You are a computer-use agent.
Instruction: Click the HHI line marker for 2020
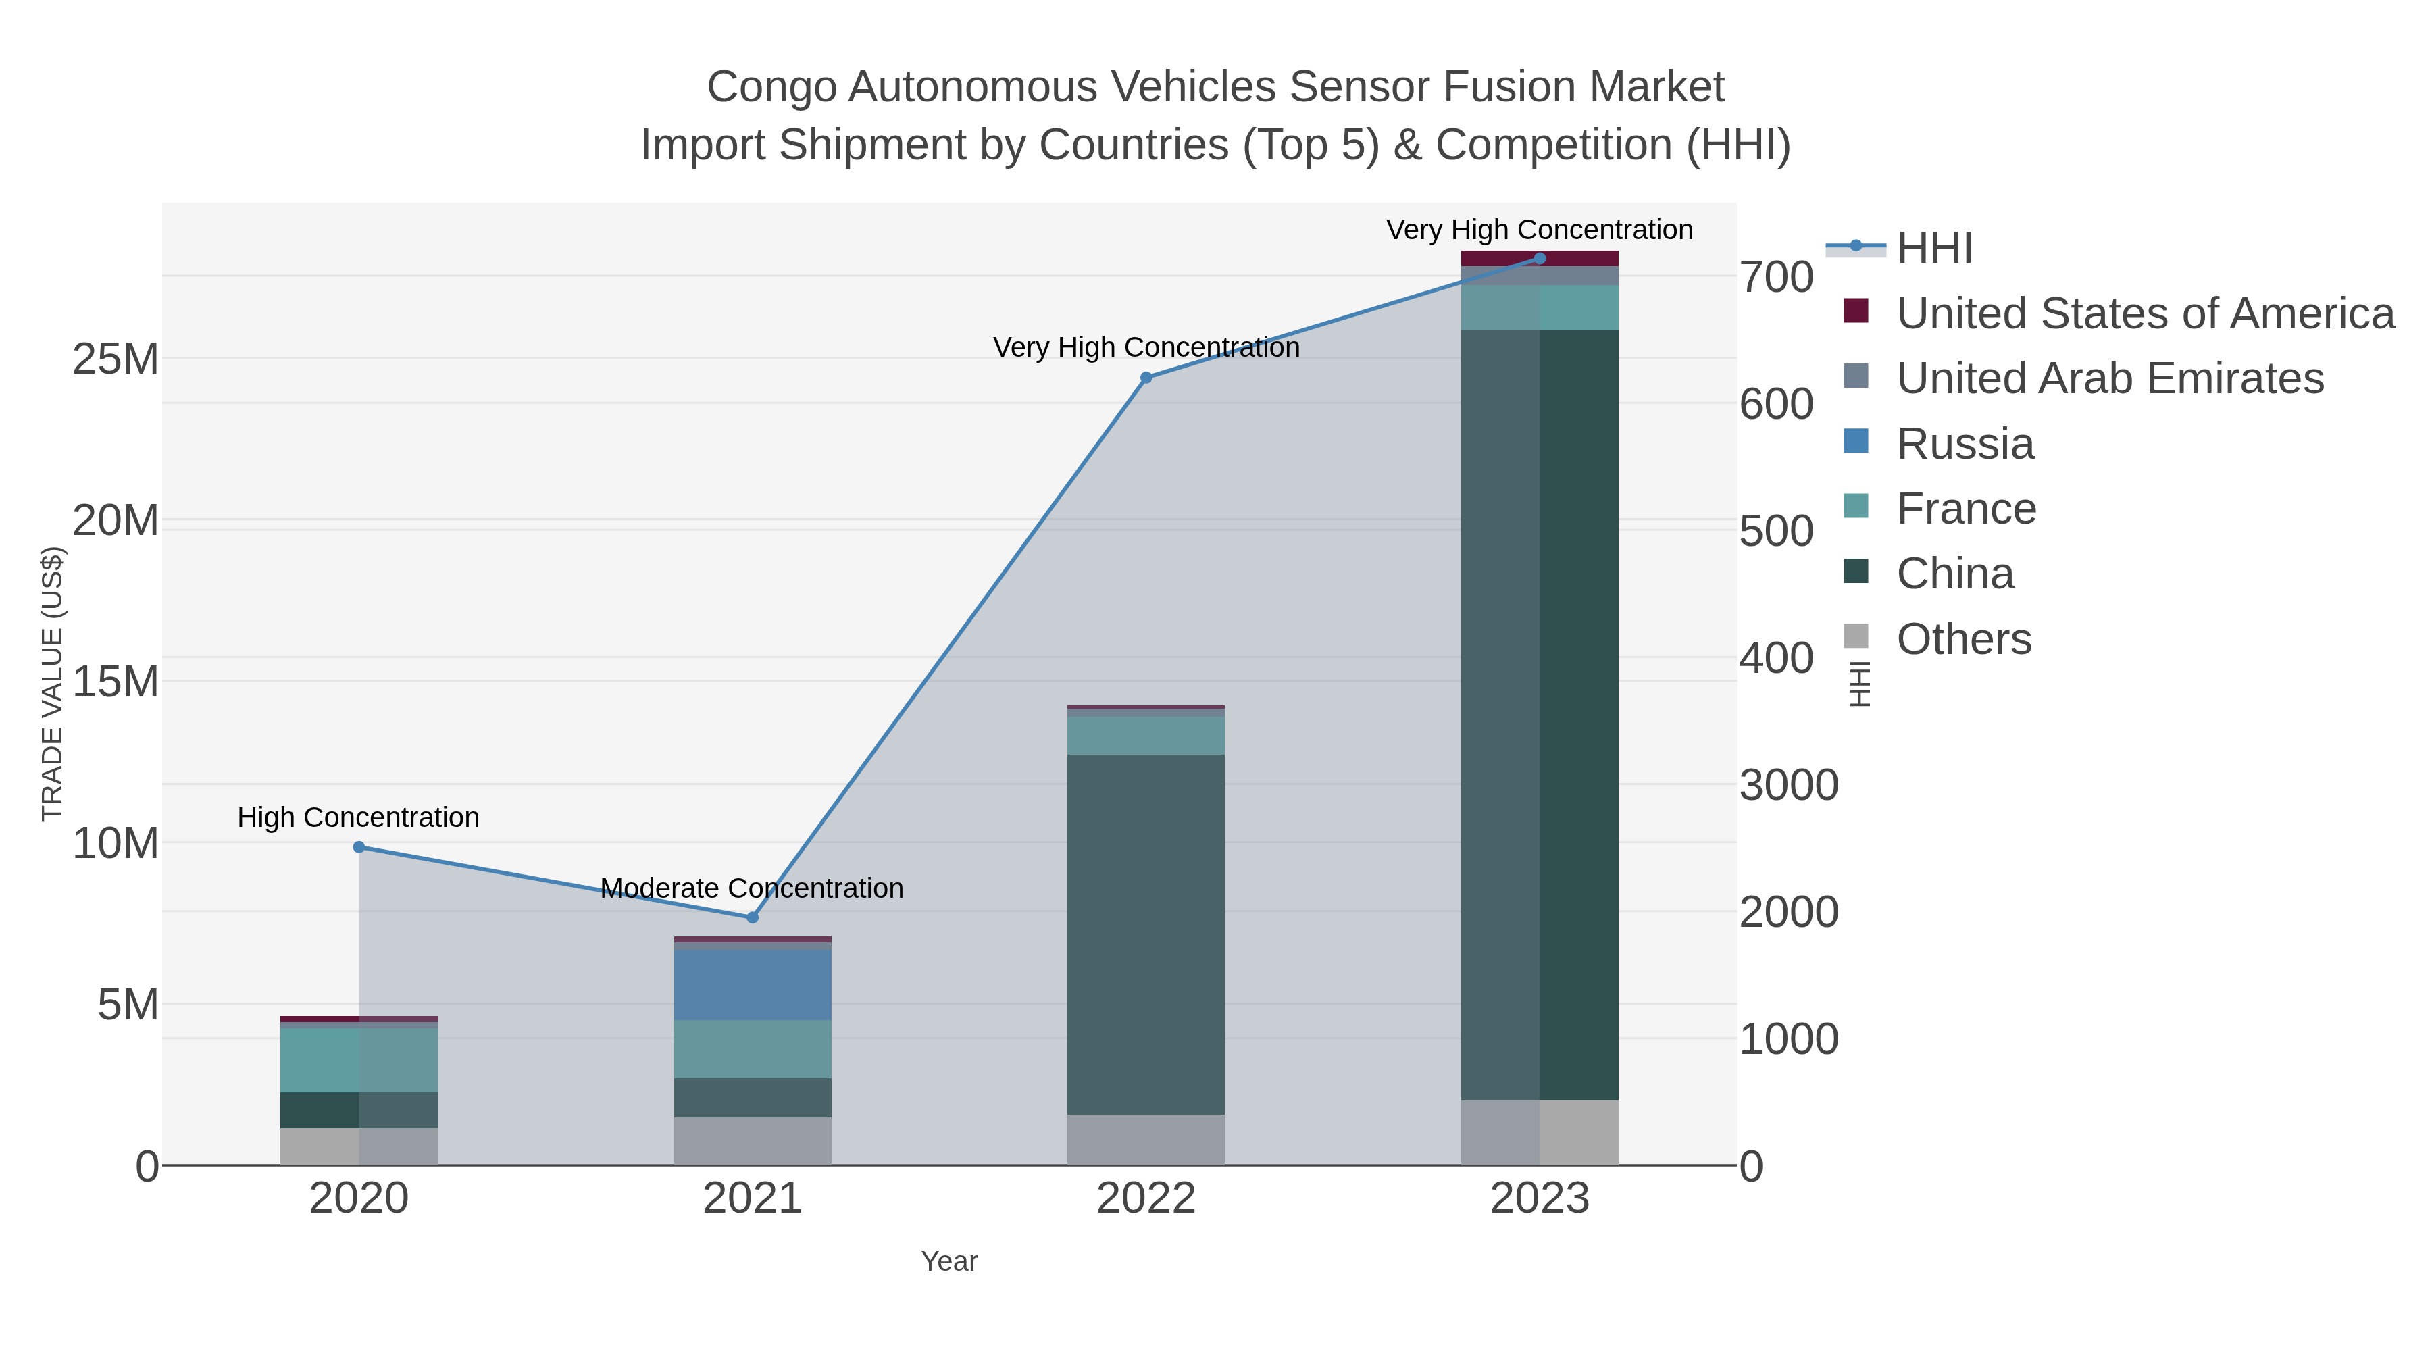359,847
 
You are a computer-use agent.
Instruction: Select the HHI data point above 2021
753,917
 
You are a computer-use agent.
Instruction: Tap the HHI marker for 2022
1146,378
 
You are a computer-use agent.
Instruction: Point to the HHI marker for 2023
1540,259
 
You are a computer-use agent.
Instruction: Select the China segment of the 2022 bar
1146,935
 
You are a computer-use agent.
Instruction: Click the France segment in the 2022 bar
1146,736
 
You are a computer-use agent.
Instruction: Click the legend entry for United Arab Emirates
2109,378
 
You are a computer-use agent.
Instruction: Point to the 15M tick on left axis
115,682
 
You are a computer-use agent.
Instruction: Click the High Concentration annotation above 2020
359,817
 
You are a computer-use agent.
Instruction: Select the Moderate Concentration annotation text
753,888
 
